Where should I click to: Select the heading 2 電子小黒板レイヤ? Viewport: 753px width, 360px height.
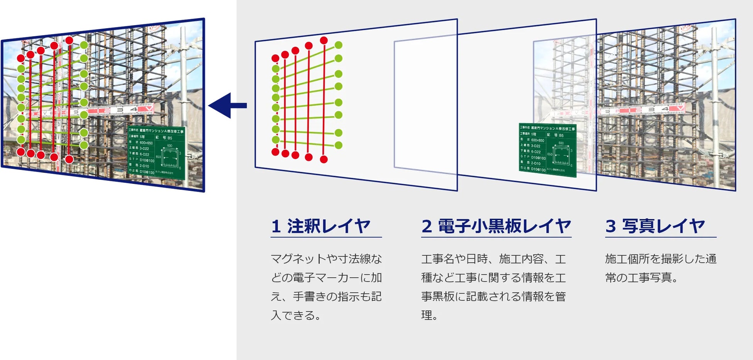(x=496, y=226)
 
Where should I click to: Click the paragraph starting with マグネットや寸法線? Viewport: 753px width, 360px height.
(x=326, y=287)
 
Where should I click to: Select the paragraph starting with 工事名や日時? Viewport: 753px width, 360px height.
(x=494, y=287)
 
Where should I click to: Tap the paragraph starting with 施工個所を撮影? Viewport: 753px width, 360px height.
(x=660, y=268)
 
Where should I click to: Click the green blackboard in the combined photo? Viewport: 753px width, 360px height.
(x=156, y=153)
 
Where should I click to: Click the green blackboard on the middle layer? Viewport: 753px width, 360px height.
(x=548, y=150)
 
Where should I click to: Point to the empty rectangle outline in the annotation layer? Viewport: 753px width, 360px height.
(x=425, y=104)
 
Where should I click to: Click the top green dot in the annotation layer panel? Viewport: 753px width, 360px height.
(x=339, y=45)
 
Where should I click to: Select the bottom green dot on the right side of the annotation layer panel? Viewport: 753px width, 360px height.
(x=339, y=145)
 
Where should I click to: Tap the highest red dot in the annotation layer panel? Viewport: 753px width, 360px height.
(x=324, y=40)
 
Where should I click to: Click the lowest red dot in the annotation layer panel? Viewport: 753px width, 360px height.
(x=324, y=159)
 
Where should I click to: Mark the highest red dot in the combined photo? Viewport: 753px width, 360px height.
(x=69, y=40)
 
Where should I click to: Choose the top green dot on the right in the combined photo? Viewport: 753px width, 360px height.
(x=84, y=45)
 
